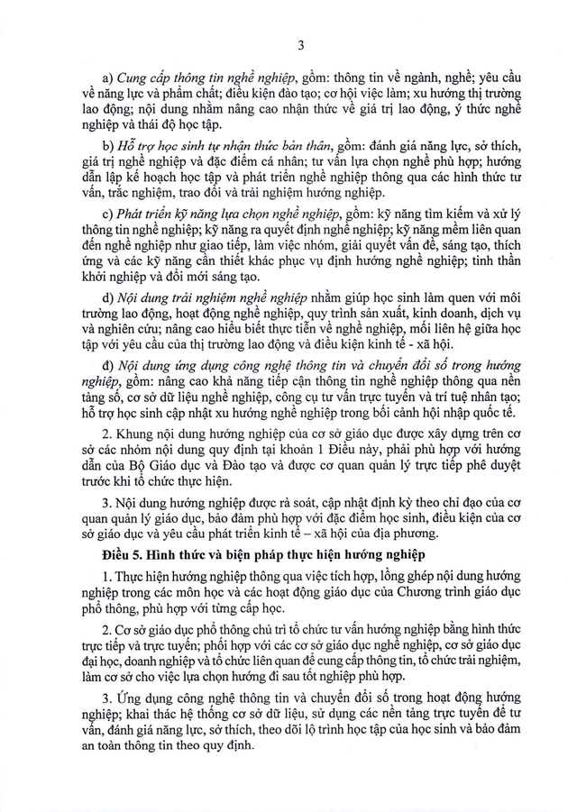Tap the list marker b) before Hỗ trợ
point(107,146)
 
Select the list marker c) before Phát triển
point(107,214)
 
